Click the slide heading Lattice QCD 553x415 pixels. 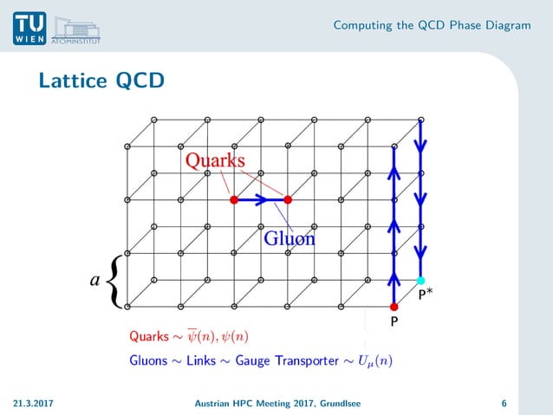(101, 81)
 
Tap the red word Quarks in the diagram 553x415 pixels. (214, 160)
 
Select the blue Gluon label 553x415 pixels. (290, 238)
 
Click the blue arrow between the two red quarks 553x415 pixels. (261, 200)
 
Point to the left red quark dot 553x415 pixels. (233, 200)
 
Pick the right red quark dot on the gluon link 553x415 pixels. (288, 200)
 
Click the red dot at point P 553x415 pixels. (394, 307)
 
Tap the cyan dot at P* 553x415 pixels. (421, 280)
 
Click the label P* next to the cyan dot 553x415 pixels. (426, 295)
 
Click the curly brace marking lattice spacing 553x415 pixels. (115, 280)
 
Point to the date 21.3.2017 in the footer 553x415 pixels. (33, 403)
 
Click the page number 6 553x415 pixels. (504, 403)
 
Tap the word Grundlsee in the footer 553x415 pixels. (340, 403)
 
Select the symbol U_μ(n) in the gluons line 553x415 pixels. (374, 360)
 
